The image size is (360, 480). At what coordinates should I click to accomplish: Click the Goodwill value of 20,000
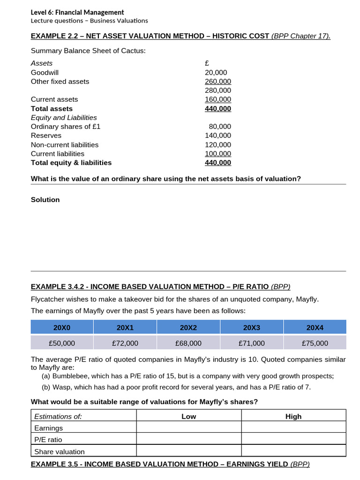pyautogui.click(x=216, y=72)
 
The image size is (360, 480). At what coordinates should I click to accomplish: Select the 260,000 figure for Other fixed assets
pyautogui.click(x=218, y=81)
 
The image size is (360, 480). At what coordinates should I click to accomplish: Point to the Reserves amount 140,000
pyautogui.click(x=218, y=135)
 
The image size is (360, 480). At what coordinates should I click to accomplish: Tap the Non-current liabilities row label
pyautogui.click(x=65, y=145)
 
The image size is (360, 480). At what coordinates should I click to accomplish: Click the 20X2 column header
pyautogui.click(x=188, y=327)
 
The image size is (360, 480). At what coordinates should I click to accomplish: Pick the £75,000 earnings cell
pyautogui.click(x=315, y=343)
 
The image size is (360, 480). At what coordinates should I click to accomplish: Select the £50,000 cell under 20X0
pyautogui.click(x=62, y=343)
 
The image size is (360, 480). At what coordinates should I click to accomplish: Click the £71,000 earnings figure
pyautogui.click(x=252, y=343)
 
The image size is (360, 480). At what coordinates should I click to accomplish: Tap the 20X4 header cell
pyautogui.click(x=315, y=327)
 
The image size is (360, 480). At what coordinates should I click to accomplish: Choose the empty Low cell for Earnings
pyautogui.click(x=188, y=428)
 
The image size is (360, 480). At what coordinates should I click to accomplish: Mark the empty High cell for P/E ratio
pyautogui.click(x=293, y=440)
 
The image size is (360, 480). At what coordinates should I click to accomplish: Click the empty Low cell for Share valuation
pyautogui.click(x=188, y=451)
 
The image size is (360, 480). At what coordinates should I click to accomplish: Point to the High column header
pyautogui.click(x=293, y=416)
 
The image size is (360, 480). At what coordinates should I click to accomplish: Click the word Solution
pyautogui.click(x=45, y=200)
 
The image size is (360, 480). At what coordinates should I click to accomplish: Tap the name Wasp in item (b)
pyautogui.click(x=62, y=387)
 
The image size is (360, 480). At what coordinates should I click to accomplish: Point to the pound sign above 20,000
pyautogui.click(x=207, y=63)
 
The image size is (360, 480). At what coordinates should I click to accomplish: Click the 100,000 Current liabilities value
pyautogui.click(x=218, y=154)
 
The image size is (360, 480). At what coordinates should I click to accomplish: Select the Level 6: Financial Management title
pyautogui.click(x=77, y=12)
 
